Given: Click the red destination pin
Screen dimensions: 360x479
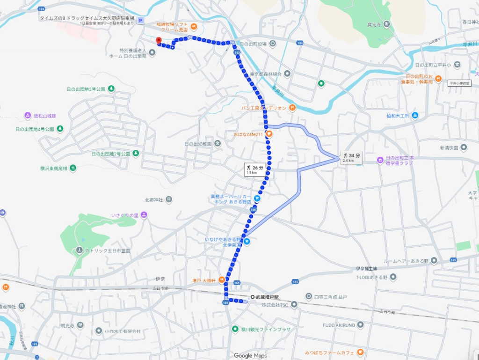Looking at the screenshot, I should pyautogui.click(x=159, y=41).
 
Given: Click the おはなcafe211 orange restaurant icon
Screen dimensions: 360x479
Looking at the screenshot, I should pyautogui.click(x=269, y=134).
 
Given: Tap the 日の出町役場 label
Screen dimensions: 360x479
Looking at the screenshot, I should pyautogui.click(x=253, y=44).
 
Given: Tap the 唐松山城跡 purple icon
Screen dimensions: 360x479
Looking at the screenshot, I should pyautogui.click(x=28, y=116).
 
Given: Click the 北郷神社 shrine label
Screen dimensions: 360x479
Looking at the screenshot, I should pyautogui.click(x=154, y=199).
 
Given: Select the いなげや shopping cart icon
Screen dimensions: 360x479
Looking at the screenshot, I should pyautogui.click(x=247, y=242).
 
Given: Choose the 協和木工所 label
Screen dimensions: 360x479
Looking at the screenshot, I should pyautogui.click(x=398, y=115).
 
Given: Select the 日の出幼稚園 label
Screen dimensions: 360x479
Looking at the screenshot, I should pyautogui.click(x=198, y=143).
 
